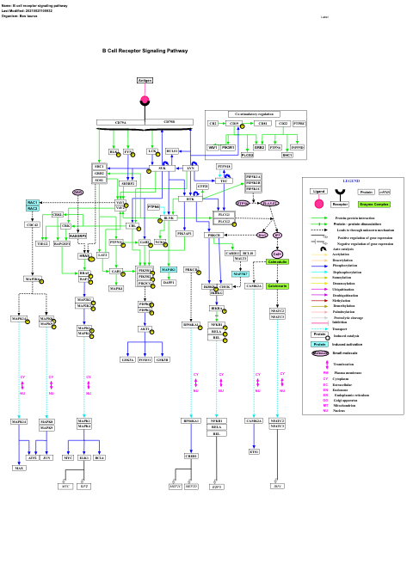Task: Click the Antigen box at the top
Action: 145,80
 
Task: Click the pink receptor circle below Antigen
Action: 145,101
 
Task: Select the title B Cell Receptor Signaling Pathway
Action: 145,51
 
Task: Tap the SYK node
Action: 162,169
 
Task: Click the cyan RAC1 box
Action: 33,202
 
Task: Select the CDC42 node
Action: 33,224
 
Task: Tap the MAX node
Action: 19,468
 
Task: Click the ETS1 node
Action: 254,451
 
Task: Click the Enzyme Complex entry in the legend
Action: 374,205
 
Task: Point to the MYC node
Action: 68,458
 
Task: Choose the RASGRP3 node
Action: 78,235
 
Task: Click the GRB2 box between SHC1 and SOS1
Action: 100,173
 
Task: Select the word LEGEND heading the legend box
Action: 351,181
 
